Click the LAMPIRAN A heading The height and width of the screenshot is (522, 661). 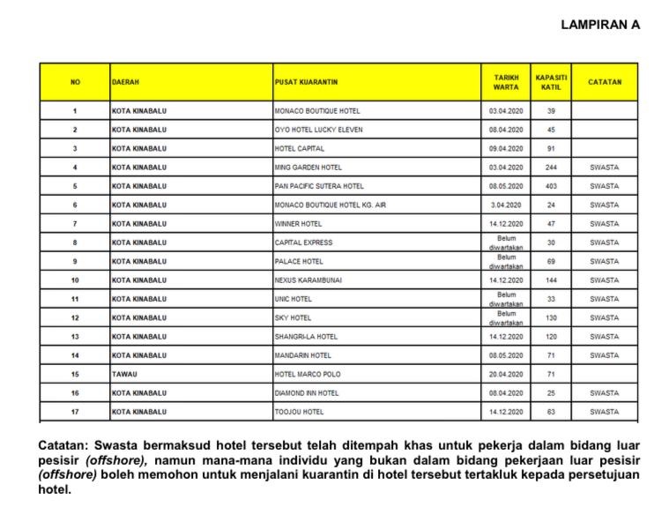tap(599, 26)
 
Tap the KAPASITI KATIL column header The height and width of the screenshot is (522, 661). tap(551, 82)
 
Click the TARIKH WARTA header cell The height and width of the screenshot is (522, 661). tap(506, 82)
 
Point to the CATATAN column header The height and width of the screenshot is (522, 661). tap(605, 82)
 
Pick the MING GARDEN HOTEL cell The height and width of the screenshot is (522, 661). tap(306, 168)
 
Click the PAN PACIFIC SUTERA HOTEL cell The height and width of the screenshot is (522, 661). tap(320, 186)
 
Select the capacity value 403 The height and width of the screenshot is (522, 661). tap(551, 186)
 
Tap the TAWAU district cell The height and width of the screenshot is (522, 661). tap(124, 374)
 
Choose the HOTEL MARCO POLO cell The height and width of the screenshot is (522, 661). tap(308, 374)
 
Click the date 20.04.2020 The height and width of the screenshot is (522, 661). tap(506, 374)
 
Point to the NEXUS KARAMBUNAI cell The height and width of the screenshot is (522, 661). tap(308, 280)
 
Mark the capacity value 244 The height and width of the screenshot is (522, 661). tap(551, 168)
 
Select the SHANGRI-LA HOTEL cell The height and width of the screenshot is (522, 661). tap(307, 337)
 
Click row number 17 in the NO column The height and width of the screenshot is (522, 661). tap(75, 412)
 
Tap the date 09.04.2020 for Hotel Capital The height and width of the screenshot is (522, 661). tap(506, 148)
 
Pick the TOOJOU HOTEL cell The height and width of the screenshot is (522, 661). tap(300, 412)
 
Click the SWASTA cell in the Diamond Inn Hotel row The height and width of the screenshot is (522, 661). tap(605, 393)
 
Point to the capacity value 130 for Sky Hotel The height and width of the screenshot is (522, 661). tap(551, 317)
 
